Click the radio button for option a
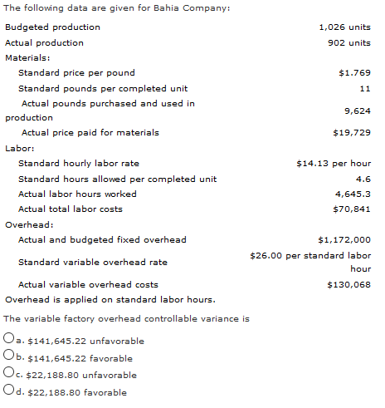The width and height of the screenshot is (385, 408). click(7, 341)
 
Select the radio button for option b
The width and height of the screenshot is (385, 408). click(7, 357)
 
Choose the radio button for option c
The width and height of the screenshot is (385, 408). click(7, 375)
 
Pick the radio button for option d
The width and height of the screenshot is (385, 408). click(7, 391)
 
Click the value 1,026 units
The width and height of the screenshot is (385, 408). click(344, 27)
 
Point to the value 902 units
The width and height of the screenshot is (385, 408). click(349, 42)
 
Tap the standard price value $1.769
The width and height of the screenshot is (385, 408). click(354, 73)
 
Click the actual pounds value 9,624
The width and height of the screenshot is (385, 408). click(357, 111)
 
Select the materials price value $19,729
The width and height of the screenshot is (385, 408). click(351, 133)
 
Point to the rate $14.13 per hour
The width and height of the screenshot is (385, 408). click(334, 164)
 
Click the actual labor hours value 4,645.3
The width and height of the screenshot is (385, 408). click(353, 194)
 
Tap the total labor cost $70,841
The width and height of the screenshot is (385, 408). click(351, 209)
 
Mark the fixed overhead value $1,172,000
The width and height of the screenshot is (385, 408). click(344, 239)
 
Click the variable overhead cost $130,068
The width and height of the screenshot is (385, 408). click(348, 284)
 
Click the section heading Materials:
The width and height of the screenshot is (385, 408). click(27, 57)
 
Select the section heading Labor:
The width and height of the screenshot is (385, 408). click(19, 148)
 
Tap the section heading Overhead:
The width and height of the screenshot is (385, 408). click(28, 224)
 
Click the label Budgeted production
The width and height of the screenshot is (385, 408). click(52, 27)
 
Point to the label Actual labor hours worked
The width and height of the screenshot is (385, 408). click(77, 194)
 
